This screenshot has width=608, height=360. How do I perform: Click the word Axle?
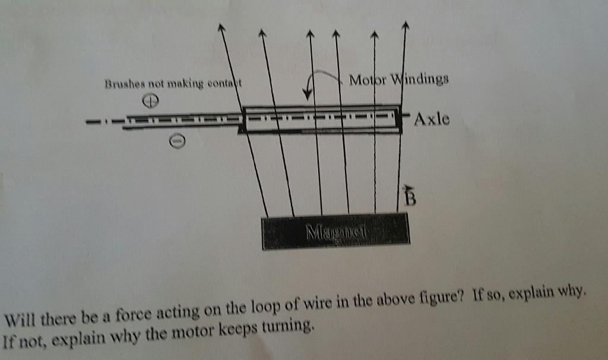coord(432,119)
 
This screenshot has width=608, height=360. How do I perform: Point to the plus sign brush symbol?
coord(152,103)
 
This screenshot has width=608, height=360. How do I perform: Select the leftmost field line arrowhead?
coord(222,27)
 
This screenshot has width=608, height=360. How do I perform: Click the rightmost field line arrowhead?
coord(406,25)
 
